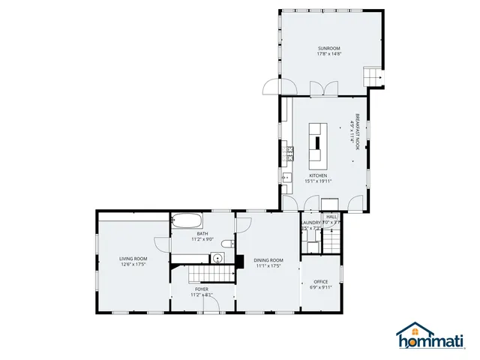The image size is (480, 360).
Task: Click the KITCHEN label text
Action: (318, 175)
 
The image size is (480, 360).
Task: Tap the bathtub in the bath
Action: (187, 221)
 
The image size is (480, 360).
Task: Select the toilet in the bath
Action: (232, 244)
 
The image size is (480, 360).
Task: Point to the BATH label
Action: (202, 233)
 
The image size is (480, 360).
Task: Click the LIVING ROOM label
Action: (131, 259)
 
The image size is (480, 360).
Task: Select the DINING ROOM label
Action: (268, 259)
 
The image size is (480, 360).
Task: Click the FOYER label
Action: (202, 289)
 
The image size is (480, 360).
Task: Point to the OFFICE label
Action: (320, 281)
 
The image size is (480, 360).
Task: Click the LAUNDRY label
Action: (310, 223)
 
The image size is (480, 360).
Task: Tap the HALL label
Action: (331, 217)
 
